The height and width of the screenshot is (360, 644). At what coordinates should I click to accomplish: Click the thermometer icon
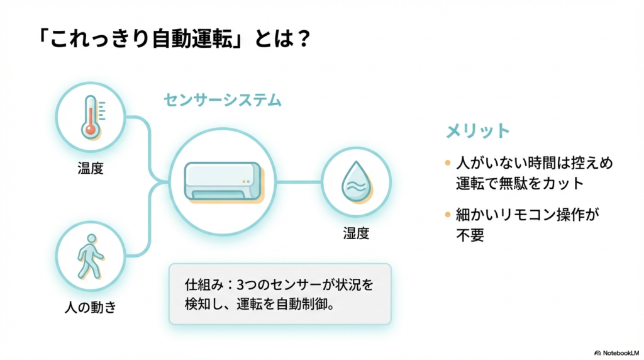pyautogui.click(x=93, y=118)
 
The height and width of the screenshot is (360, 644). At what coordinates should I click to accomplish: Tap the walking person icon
pyautogui.click(x=91, y=257)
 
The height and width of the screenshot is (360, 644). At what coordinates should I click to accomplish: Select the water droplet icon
pyautogui.click(x=357, y=182)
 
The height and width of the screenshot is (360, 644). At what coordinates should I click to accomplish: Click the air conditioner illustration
pyautogui.click(x=224, y=183)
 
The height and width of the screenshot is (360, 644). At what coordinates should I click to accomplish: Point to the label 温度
pyautogui.click(x=91, y=168)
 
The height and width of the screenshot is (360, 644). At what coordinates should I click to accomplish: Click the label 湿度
pyautogui.click(x=356, y=233)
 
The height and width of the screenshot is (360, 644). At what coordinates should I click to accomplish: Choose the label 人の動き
pyautogui.click(x=91, y=307)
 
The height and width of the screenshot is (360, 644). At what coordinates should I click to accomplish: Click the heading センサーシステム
pyautogui.click(x=223, y=100)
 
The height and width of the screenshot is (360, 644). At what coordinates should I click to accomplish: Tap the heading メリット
pyautogui.click(x=478, y=131)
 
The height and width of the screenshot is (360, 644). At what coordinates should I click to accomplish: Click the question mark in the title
pyautogui.click(x=304, y=38)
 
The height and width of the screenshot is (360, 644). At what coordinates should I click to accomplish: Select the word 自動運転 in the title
pyautogui.click(x=192, y=39)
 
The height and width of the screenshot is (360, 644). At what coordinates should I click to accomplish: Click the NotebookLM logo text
pyautogui.click(x=621, y=353)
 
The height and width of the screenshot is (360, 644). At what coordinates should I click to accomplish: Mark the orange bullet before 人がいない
pyautogui.click(x=448, y=163)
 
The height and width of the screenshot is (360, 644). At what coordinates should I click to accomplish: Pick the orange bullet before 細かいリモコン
pyautogui.click(x=448, y=215)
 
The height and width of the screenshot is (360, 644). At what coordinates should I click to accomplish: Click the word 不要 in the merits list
pyautogui.click(x=470, y=235)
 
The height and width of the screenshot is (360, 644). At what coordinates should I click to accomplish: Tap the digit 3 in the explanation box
pyautogui.click(x=241, y=284)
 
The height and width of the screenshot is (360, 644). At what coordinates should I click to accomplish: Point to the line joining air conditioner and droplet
pyautogui.click(x=299, y=182)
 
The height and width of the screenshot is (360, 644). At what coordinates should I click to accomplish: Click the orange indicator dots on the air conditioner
pyautogui.click(x=246, y=182)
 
